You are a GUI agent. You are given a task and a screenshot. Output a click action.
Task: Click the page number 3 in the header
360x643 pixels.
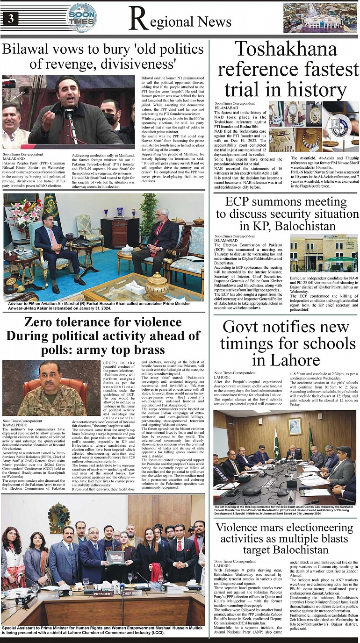10,19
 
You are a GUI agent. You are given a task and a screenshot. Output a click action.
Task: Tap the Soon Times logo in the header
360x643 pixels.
82,18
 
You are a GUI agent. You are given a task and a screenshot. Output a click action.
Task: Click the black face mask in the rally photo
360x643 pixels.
110,119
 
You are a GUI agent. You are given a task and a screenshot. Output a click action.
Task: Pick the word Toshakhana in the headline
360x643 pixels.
286,49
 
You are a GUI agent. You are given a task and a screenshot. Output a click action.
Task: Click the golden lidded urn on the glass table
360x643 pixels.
157,283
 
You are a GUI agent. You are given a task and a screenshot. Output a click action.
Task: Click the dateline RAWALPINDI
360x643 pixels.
15,425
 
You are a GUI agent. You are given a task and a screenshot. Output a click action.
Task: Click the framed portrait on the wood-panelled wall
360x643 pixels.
295,426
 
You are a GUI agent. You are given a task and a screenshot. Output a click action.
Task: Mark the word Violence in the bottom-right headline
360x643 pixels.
243,528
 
